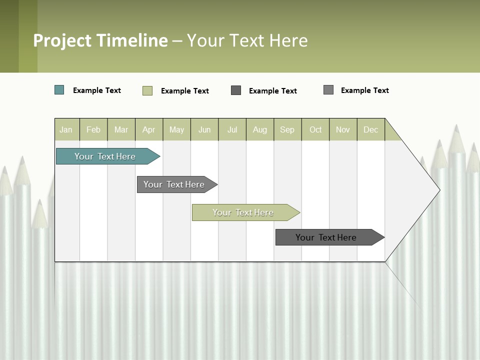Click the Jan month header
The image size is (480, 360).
coord(66,129)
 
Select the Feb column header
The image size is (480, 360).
coord(93,129)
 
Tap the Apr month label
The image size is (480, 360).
coord(148,129)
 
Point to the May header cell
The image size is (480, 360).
coord(176,129)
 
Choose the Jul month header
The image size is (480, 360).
coord(232,129)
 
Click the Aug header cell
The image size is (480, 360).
coord(259,129)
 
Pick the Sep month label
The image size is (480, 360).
coord(287,129)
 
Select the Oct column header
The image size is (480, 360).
coord(315,129)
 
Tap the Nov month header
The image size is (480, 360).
coord(343,129)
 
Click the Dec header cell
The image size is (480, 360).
coord(370,129)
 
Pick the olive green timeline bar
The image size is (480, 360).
coord(243,212)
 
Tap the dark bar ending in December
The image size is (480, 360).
coord(326,237)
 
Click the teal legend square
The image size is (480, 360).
coord(59,90)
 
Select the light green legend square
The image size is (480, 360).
coord(147,90)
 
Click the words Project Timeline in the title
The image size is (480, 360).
coord(100,40)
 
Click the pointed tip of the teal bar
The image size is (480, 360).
coord(158,156)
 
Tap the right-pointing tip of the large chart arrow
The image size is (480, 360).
coord(438,189)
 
